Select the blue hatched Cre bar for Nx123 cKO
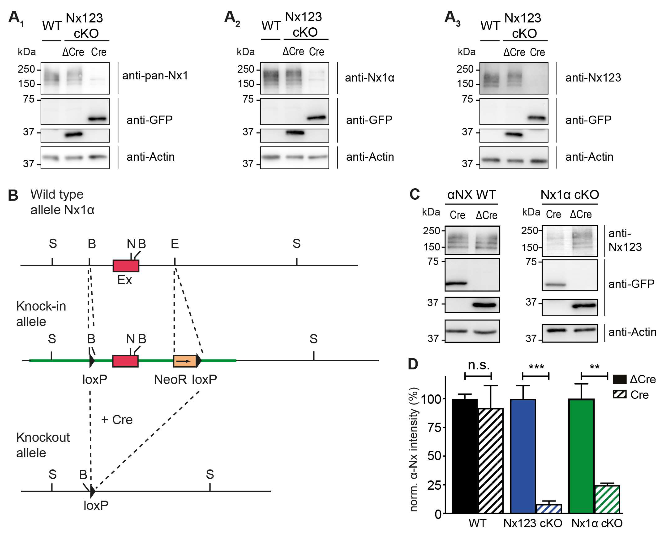coord(549,509)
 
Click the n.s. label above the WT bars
coord(478,365)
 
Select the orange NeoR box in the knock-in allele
coord(184,361)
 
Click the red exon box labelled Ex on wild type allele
coord(126,266)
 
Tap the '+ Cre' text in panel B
coord(117,420)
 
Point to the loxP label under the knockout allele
coord(96,505)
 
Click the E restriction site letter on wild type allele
coord(175,244)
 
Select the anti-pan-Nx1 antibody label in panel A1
coord(155,76)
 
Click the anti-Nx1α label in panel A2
coord(369,78)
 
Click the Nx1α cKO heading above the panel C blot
coord(569,195)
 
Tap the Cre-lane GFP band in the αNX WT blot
coord(456,283)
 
